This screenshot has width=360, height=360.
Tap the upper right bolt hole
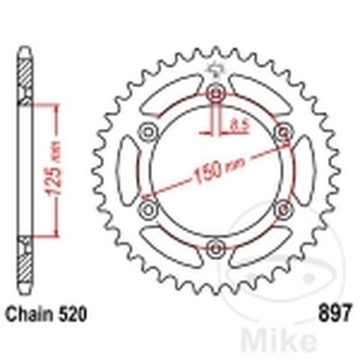click(x=284, y=132)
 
